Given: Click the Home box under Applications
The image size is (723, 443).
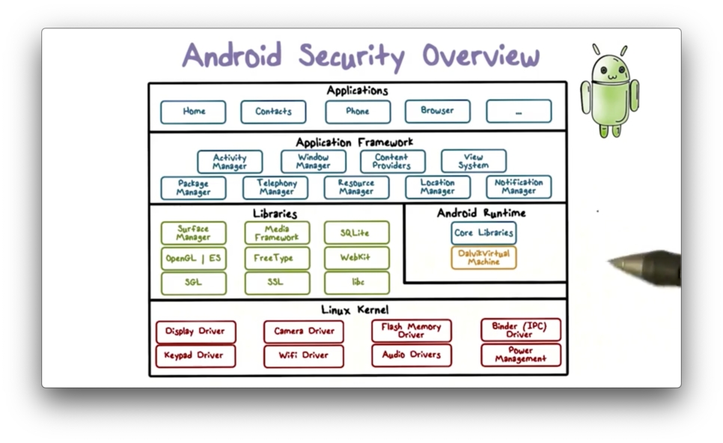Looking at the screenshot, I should [x=193, y=111].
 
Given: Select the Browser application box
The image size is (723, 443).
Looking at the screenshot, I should [x=437, y=111].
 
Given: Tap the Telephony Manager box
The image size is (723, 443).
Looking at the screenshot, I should [x=275, y=187].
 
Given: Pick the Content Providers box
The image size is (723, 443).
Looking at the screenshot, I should [x=392, y=162].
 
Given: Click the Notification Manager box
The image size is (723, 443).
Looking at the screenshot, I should [x=519, y=187].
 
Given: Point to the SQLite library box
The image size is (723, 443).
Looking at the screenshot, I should [x=356, y=233].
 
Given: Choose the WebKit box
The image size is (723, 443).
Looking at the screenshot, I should [x=356, y=257].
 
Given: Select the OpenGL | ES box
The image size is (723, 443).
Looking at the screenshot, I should [x=193, y=258].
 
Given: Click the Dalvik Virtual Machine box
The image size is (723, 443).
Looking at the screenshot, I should [x=483, y=258].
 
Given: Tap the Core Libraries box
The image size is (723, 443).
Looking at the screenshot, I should [x=483, y=233].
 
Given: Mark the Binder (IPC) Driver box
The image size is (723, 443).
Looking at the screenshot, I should [x=520, y=330].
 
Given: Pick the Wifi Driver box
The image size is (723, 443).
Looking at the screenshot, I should [x=303, y=355].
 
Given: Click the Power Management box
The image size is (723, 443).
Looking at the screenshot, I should [x=520, y=355].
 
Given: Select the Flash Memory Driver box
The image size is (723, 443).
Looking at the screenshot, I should [x=411, y=331].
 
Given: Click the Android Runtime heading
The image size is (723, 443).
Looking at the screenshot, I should [x=481, y=213].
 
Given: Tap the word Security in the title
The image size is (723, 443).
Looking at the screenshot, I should [x=351, y=57].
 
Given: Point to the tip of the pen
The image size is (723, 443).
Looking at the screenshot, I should [x=611, y=263].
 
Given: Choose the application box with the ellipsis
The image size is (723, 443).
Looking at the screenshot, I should [x=518, y=111].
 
